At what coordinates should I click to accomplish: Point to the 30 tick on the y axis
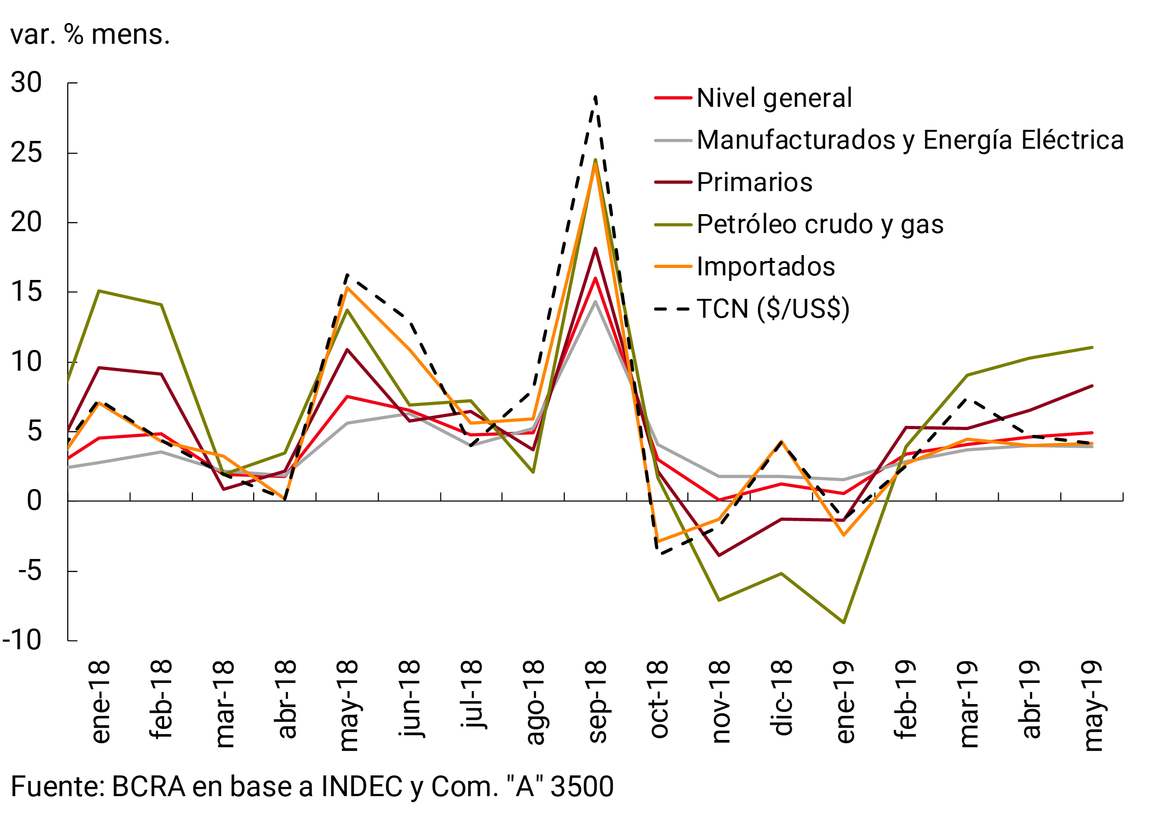tap(27, 82)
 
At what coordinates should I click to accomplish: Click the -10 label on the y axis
tap(23, 640)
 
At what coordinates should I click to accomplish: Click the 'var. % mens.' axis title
tap(90, 35)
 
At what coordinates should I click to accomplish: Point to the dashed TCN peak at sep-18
tap(595, 97)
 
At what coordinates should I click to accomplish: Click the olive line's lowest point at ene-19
tap(844, 623)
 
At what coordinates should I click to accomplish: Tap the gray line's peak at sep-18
tap(595, 302)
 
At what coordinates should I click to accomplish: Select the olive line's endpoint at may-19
tap(1092, 347)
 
